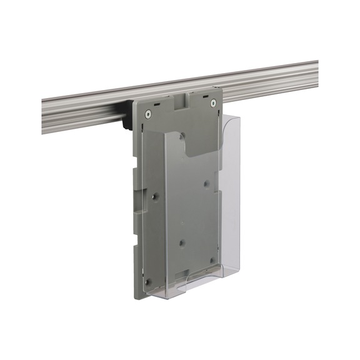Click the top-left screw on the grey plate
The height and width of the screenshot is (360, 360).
148,114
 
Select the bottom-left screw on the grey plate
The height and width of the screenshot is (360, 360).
148,281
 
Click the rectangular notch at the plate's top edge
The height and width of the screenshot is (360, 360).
182,100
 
